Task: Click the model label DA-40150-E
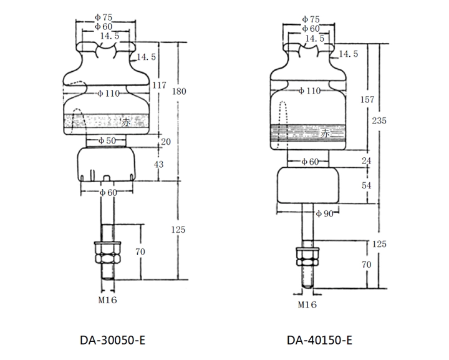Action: tap(320, 341)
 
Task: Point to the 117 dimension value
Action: tap(160, 85)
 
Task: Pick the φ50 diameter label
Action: tap(107, 141)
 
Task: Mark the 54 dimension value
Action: tap(366, 186)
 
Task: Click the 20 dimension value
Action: tap(165, 142)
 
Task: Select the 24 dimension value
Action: tap(366, 161)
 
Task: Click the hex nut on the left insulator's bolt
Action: tap(105, 253)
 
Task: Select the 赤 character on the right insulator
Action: tap(325, 133)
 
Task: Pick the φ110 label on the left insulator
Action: tap(108, 93)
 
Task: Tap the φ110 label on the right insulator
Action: tap(308, 91)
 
